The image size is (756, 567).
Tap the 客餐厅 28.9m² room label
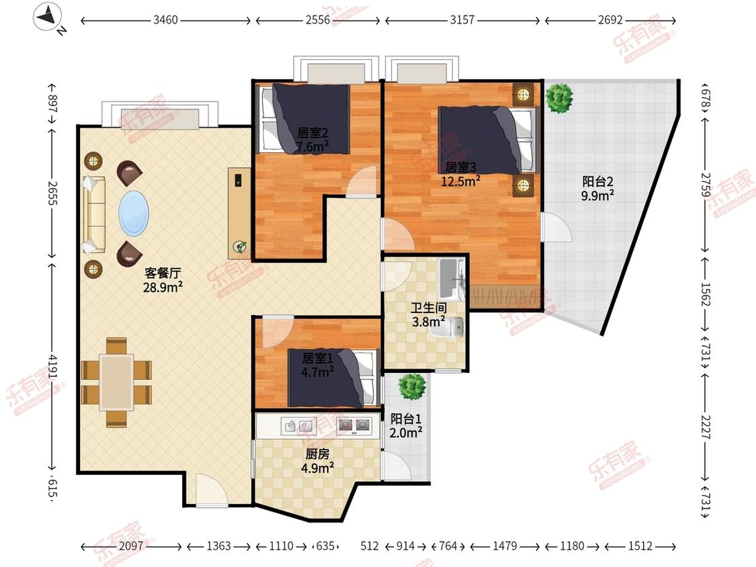coord(163,280)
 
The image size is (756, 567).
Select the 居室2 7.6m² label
coord(312,139)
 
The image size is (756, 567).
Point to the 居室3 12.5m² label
coord(460,174)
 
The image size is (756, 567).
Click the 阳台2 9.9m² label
coord(597,189)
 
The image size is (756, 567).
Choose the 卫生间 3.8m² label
coord(429,314)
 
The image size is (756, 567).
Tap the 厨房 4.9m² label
coord(318,461)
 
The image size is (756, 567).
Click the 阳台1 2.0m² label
coord(406,426)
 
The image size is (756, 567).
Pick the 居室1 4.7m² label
coord(317,365)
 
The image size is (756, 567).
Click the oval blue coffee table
coord(134,214)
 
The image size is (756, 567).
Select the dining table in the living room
coord(116,383)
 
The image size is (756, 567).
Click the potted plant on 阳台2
coord(559,98)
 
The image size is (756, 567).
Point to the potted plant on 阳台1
coord(412,387)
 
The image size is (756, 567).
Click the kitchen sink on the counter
coord(298,426)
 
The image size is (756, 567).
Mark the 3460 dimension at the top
coord(165,20)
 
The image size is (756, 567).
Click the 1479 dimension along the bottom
coord(504,546)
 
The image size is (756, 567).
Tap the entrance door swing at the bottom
coord(211,490)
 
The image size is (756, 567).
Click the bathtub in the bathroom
coord(452,279)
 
